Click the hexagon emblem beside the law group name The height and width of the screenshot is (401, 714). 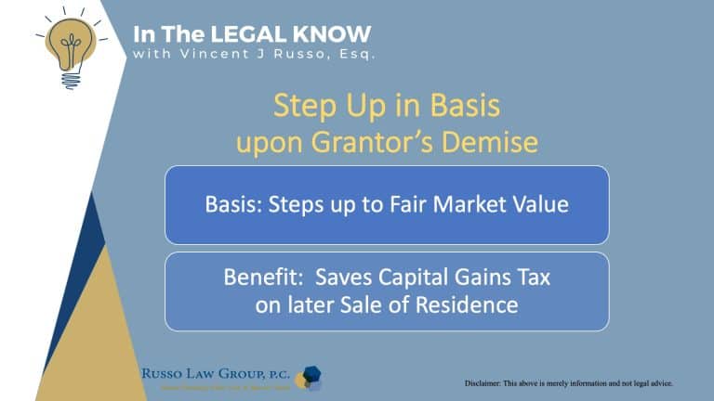pos(309,376)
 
